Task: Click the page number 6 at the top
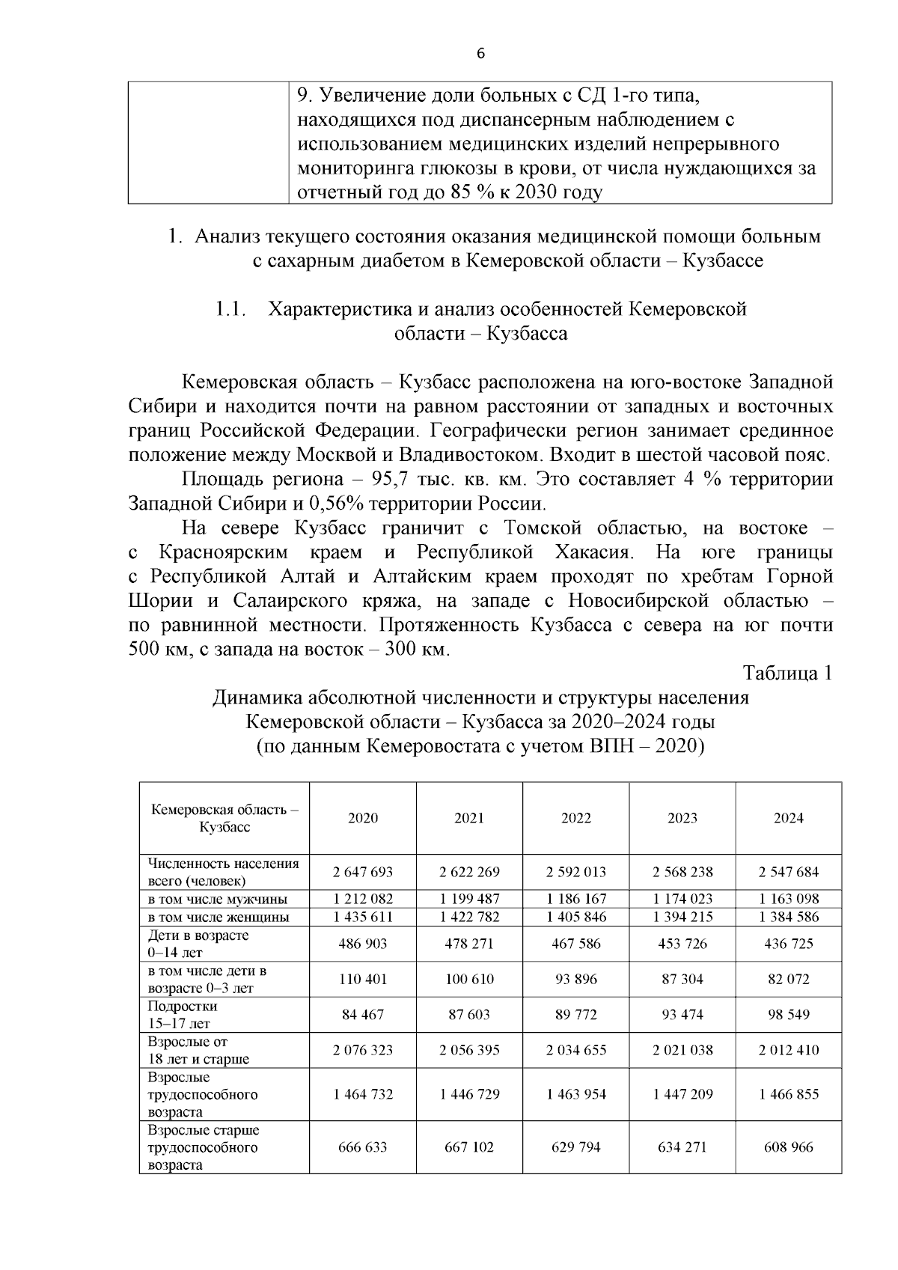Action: coord(480,53)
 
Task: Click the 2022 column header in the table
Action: coord(575,818)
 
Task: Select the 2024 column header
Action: coord(788,818)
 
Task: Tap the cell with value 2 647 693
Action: coord(363,872)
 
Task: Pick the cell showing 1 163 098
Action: coord(788,899)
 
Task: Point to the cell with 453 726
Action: coord(682,944)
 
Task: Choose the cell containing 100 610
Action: coord(469,979)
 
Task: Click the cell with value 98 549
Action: coord(788,1015)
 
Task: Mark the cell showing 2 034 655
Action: coord(575,1050)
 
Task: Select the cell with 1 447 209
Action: coord(682,1094)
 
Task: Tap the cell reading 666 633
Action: coord(363,1147)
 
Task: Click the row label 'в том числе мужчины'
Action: coord(218,900)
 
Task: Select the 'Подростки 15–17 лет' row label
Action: coord(183,1015)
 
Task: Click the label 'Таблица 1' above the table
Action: coord(787,673)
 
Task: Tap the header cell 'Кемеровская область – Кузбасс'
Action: coord(224,819)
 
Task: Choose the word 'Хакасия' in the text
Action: coord(594,552)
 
